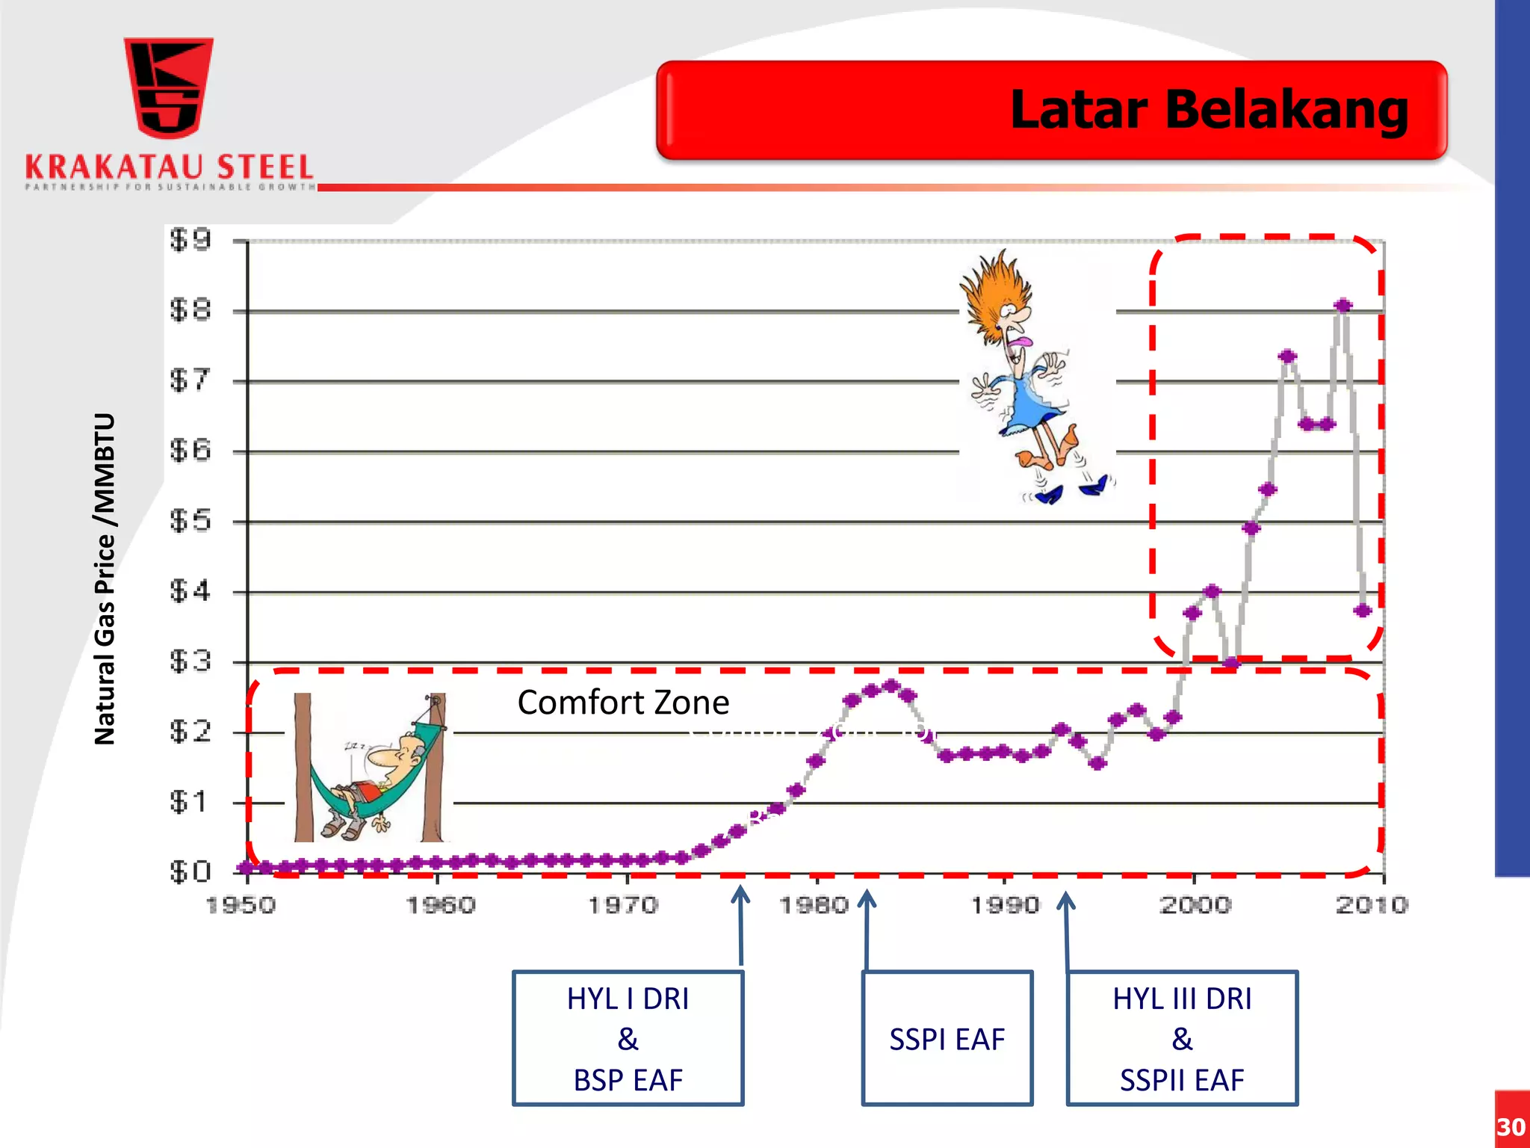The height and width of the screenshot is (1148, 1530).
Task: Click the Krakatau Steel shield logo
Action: tap(169, 88)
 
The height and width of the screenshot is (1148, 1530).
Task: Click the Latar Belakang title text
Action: tap(1209, 110)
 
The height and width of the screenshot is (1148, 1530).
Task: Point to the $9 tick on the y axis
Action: tap(191, 240)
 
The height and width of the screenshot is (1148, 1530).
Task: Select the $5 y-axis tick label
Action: tap(191, 521)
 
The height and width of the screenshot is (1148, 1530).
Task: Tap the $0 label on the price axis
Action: tap(191, 871)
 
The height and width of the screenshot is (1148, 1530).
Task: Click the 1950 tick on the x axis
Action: tap(241, 906)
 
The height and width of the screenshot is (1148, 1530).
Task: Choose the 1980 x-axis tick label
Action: tap(814, 906)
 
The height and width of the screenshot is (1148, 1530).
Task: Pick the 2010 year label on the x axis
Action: tap(1372, 906)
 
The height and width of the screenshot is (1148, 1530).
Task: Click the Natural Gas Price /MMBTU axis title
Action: tap(105, 579)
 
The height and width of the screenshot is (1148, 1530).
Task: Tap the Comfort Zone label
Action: tap(623, 703)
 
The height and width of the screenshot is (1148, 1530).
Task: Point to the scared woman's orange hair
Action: tap(994, 291)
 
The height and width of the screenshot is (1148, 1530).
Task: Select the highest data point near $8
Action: tap(1343, 306)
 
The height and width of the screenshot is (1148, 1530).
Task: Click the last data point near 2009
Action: tap(1363, 611)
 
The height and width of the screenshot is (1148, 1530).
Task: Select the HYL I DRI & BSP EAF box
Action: tap(628, 1038)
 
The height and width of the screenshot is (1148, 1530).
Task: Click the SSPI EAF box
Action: tap(947, 1038)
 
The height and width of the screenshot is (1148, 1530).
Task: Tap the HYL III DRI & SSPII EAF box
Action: tap(1182, 1038)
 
